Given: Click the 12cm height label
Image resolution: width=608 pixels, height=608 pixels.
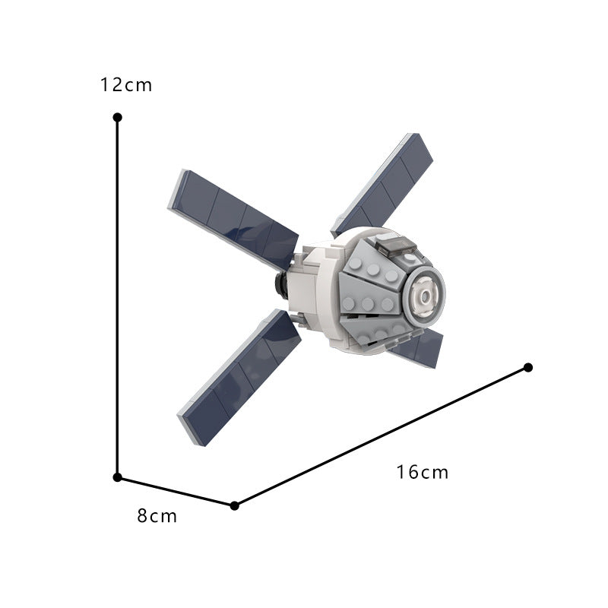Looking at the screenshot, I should [126, 84].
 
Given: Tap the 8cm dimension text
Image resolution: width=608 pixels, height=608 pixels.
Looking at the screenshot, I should [157, 516].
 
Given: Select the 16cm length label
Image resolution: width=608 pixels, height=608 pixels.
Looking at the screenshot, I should [423, 472].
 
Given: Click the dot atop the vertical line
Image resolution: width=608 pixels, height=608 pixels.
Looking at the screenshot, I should [117, 117].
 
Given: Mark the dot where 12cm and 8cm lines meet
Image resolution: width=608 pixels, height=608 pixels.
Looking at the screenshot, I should [117, 477].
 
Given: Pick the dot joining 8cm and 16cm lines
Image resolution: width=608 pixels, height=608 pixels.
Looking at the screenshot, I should [234, 505].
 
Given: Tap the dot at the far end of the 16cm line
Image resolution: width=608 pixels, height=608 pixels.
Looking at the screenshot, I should [528, 368].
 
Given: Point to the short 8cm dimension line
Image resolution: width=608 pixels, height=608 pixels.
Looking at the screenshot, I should [176, 491].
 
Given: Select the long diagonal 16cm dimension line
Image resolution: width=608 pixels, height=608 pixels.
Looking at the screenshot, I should [380, 437].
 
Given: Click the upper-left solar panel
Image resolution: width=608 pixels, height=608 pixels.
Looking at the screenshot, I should [232, 218].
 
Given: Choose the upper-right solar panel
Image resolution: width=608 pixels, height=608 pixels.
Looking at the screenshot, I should [385, 182].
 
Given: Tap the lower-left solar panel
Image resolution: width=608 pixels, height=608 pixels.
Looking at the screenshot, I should [239, 377].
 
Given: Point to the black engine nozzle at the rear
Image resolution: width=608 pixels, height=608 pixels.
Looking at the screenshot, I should [280, 286].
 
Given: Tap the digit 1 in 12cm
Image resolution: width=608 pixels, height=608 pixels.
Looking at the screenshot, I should [105, 84].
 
